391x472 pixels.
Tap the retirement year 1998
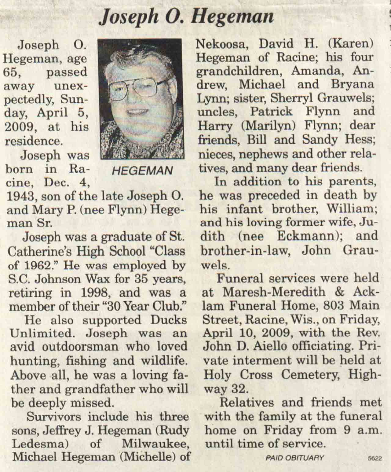(95, 293)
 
